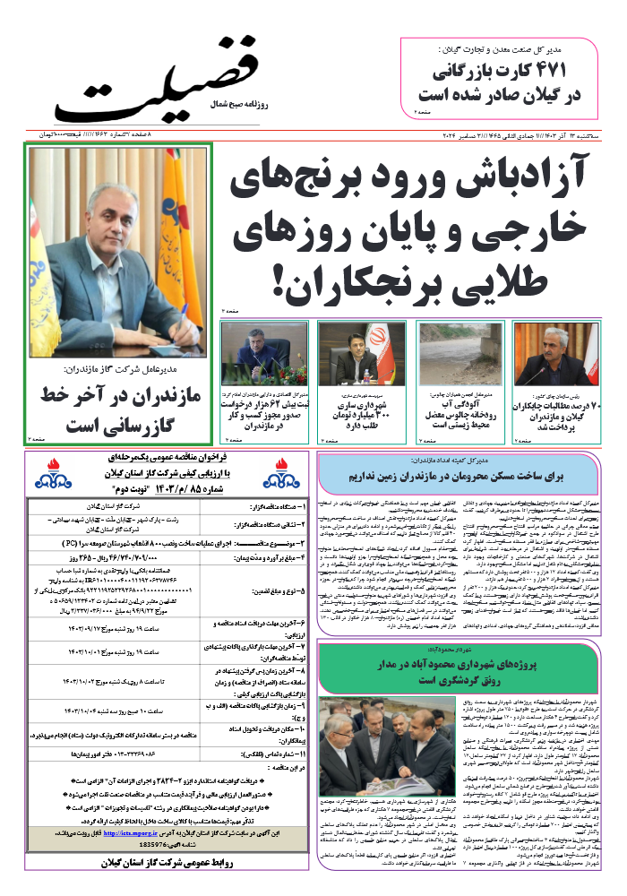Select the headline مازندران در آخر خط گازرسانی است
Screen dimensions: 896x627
tap(119, 406)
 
